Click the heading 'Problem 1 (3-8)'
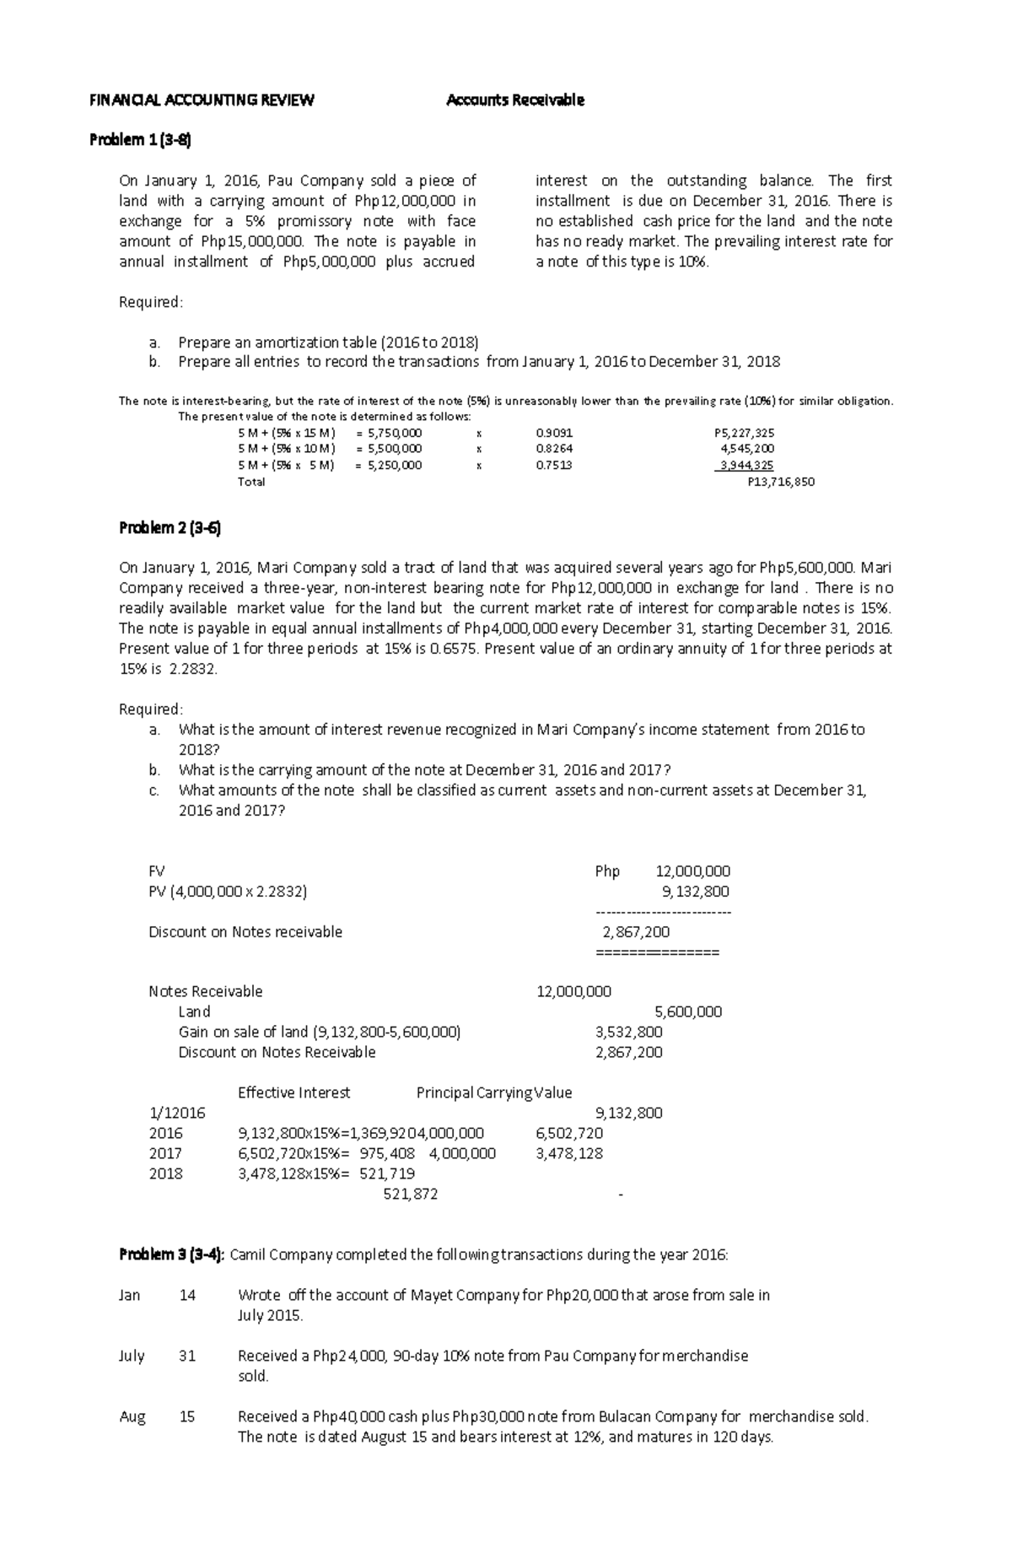[141, 140]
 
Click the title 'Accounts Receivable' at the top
[514, 100]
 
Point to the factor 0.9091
[553, 433]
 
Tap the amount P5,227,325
[744, 433]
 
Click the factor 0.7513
[553, 465]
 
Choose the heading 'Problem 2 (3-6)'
[170, 528]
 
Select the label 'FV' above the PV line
[157, 871]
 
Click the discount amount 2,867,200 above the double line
[636, 932]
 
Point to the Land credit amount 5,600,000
[688, 1011]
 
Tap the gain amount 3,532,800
[629, 1032]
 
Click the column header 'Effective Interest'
[293, 1092]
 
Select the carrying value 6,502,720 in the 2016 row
[569, 1133]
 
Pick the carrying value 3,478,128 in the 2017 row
[569, 1153]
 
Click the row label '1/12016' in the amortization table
[176, 1113]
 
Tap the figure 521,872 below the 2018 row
[410, 1194]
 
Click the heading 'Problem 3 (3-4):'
[172, 1254]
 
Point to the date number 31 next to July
[187, 1356]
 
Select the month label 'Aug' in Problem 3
[132, 1416]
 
